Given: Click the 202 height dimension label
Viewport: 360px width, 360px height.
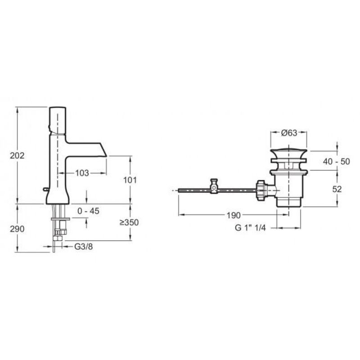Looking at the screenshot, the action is coord(17,156).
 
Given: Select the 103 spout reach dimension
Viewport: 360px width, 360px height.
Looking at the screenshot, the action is coord(82,173).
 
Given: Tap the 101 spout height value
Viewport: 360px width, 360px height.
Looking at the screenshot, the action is coord(130,180).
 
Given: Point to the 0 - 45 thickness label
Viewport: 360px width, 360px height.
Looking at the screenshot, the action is coord(88,211).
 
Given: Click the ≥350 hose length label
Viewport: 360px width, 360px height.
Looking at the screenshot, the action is coord(129,222).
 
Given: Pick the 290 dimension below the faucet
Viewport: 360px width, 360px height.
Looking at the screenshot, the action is coord(17,229).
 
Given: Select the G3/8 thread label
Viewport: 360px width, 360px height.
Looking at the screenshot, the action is coord(84,247).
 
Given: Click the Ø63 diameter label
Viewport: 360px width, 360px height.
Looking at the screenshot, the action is coord(289,133).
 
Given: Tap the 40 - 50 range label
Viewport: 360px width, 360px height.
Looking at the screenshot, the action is coord(336,162).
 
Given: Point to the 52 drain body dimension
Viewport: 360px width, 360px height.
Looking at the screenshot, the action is coord(337,189).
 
